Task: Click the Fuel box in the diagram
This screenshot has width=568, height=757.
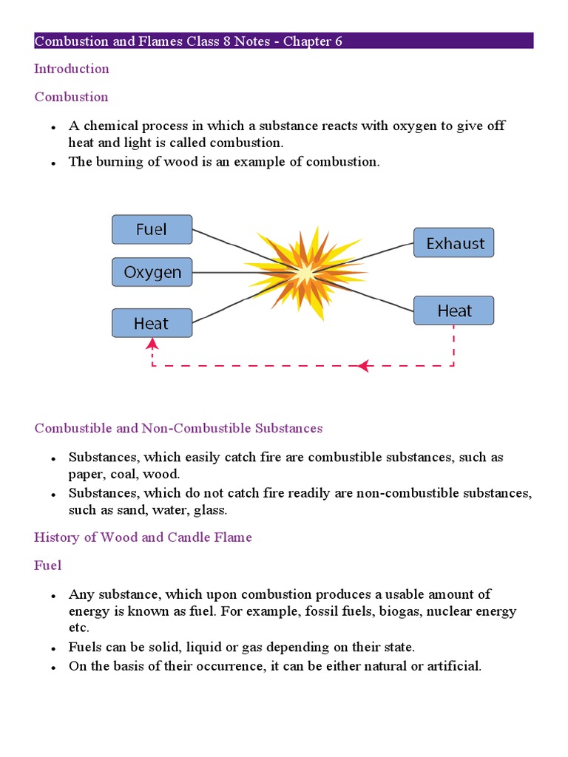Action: [x=152, y=230]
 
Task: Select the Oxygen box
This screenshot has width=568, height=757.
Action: [x=152, y=272]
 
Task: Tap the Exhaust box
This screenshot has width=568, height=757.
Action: [x=454, y=243]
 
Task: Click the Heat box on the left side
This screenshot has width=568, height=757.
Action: [x=152, y=323]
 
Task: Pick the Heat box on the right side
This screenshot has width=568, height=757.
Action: [x=453, y=310]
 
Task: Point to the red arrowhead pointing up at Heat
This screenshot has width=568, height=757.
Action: [x=152, y=343]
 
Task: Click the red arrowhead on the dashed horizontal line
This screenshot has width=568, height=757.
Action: [x=362, y=365]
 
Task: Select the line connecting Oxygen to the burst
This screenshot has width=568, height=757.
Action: [x=222, y=273]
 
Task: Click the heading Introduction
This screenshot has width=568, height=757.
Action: [x=72, y=69]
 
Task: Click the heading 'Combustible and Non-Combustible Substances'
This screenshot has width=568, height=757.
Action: [x=178, y=428]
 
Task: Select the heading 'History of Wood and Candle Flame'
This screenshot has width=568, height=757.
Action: [x=143, y=537]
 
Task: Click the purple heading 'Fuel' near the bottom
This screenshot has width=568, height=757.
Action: [x=47, y=566]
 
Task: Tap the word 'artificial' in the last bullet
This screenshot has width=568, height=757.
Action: [x=455, y=666]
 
